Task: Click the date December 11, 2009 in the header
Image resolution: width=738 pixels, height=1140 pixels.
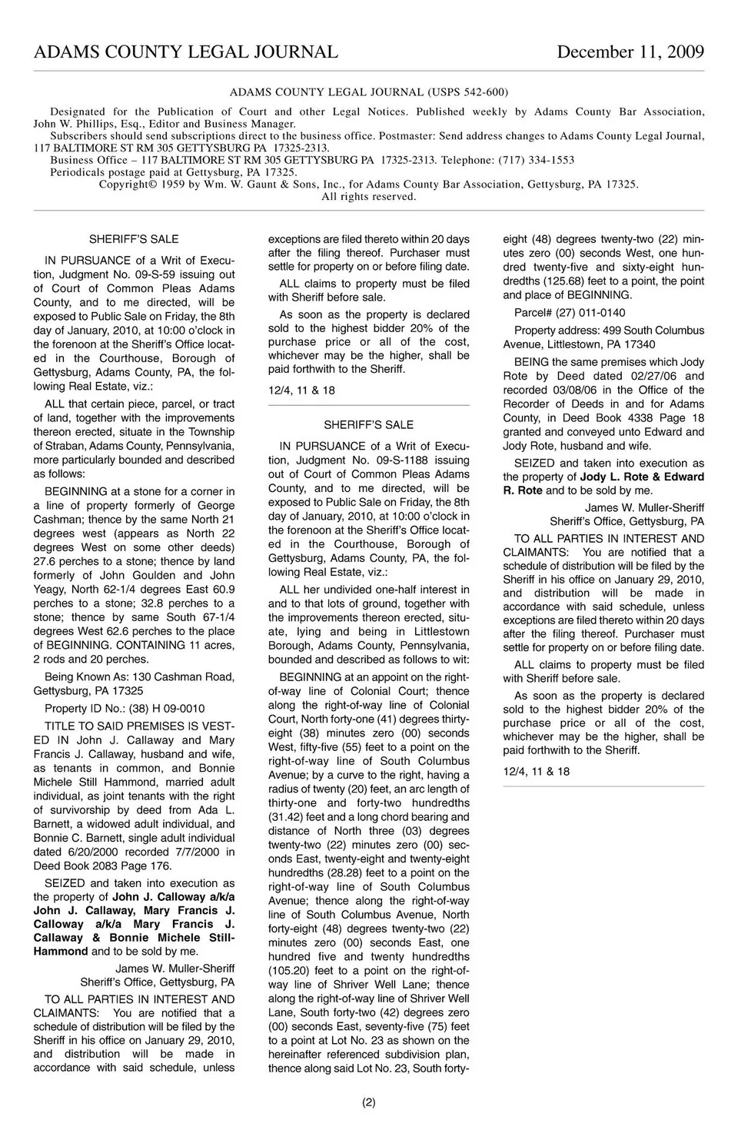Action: pyautogui.click(x=630, y=52)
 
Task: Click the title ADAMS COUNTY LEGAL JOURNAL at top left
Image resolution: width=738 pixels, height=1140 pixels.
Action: pyautogui.click(x=185, y=52)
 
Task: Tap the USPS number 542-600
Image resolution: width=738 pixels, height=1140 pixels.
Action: pyautogui.click(x=483, y=92)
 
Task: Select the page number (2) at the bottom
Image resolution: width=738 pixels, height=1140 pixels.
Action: pyautogui.click(x=369, y=1102)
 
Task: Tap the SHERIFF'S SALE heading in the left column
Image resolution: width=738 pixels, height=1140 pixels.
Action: pyautogui.click(x=134, y=239)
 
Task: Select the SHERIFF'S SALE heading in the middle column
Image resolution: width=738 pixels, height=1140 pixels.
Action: pyautogui.click(x=368, y=424)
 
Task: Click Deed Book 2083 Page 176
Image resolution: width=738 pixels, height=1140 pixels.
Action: pyautogui.click(x=102, y=866)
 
